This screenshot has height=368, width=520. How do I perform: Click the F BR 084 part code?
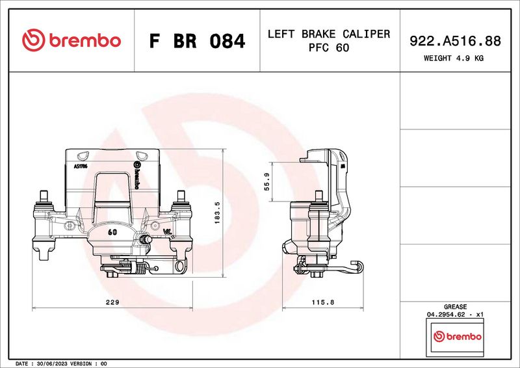[x=197, y=41]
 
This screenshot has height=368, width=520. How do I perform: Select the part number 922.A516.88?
[x=455, y=41]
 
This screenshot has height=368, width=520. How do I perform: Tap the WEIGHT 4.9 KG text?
[x=453, y=58]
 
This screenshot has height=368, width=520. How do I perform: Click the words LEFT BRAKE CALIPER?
[x=329, y=34]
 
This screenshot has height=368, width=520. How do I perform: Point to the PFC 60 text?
[x=329, y=47]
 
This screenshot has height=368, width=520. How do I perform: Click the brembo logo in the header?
[x=71, y=40]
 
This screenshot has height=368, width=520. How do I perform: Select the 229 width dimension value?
[x=112, y=302]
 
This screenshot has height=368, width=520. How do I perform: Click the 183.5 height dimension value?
[x=217, y=213]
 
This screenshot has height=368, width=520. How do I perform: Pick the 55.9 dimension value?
[x=267, y=182]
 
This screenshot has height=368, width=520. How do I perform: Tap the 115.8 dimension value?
[x=322, y=302]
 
